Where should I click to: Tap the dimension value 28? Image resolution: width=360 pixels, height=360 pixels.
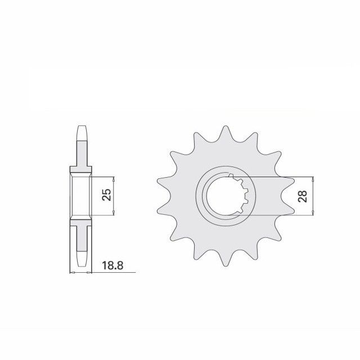(303, 196)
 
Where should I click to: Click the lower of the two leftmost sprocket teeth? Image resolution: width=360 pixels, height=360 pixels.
(163, 210)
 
